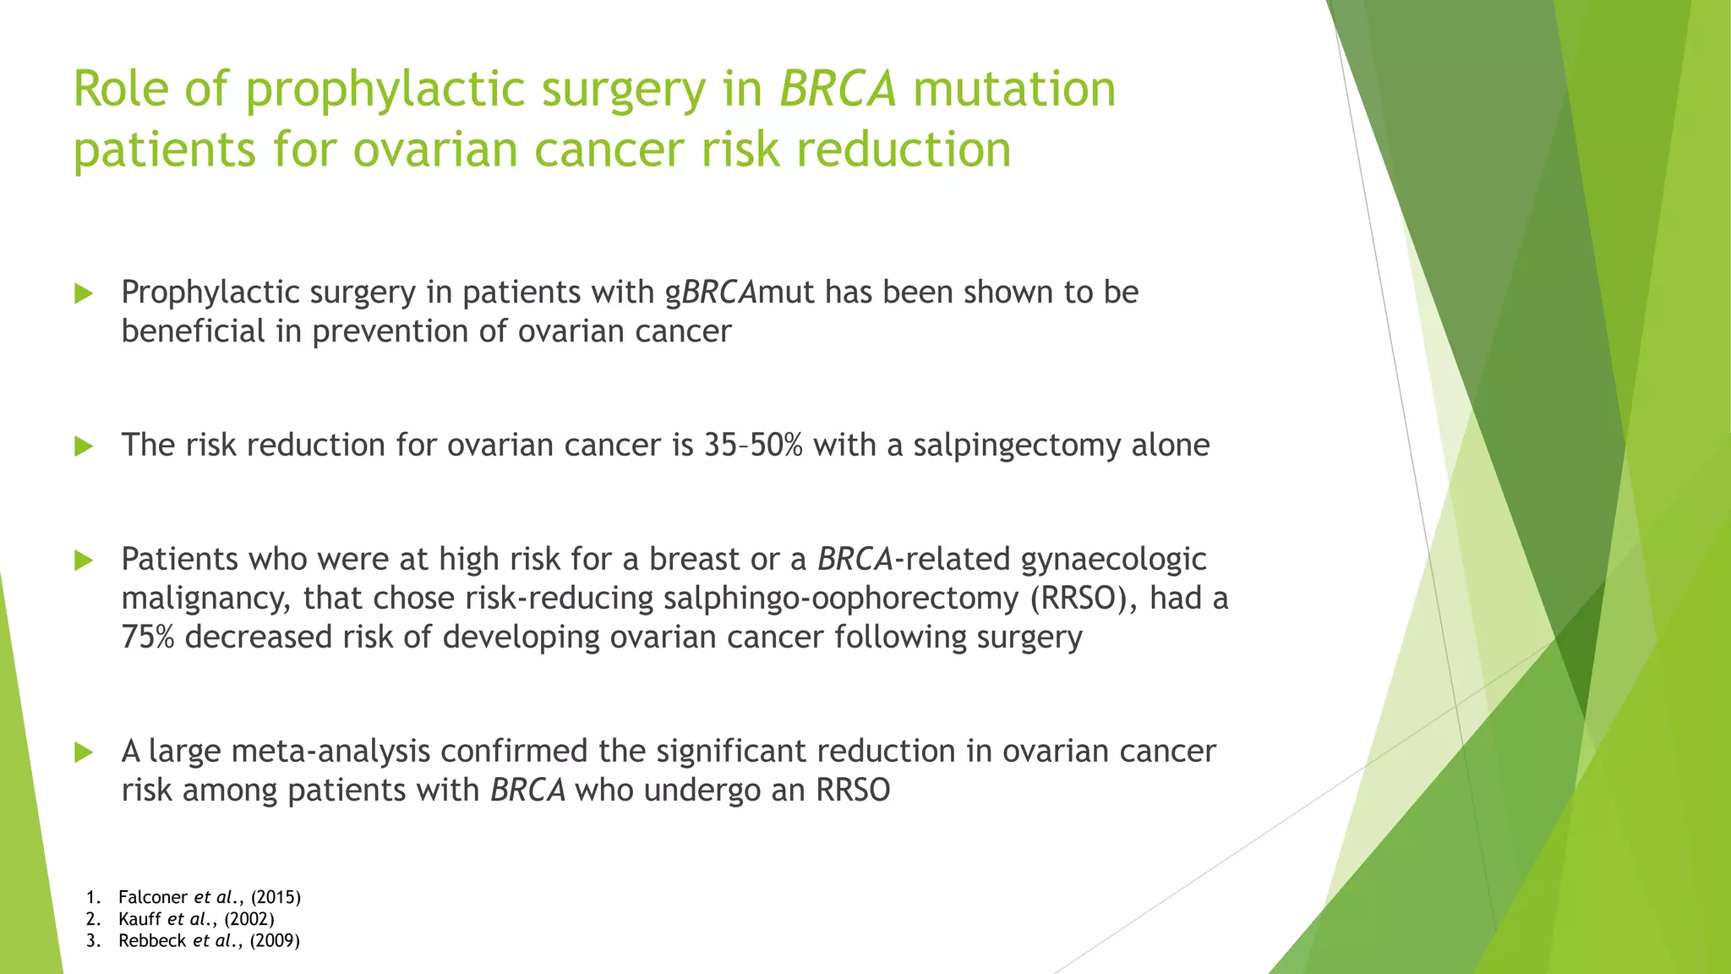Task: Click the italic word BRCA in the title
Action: (837, 89)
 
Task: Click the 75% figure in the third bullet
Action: (147, 637)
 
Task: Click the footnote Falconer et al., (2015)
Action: (209, 897)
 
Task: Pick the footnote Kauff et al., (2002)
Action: (196, 919)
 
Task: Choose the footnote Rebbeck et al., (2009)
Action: (209, 941)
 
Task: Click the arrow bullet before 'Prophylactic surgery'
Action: (83, 293)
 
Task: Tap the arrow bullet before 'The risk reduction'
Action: (83, 446)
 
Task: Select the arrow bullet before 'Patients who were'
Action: (83, 560)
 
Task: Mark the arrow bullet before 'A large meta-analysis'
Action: (83, 752)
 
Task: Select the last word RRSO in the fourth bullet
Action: (853, 790)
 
